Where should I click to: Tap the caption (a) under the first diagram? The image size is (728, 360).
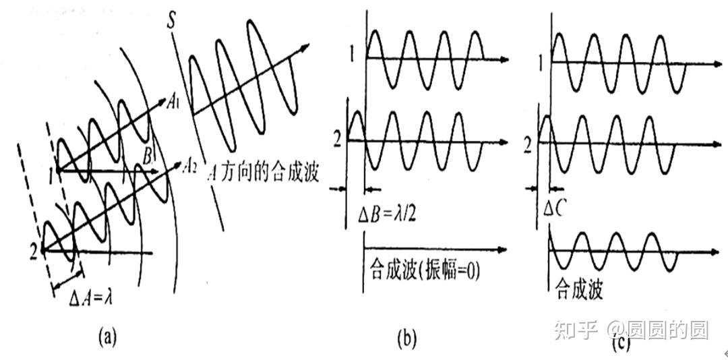click(x=107, y=336)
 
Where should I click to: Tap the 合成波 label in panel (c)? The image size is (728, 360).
click(x=578, y=289)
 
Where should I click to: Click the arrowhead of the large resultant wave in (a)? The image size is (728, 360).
click(x=305, y=47)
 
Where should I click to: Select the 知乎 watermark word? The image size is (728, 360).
click(x=574, y=330)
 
